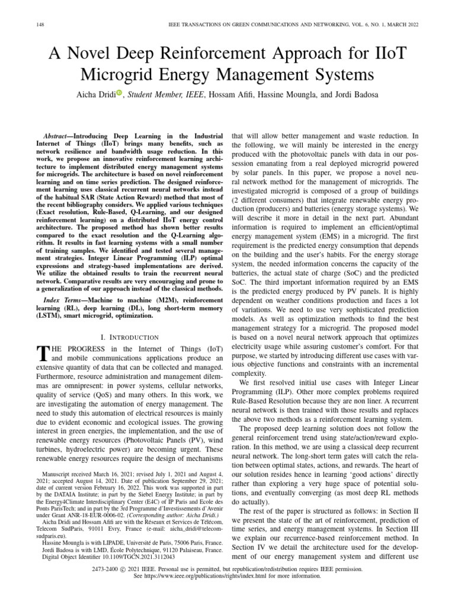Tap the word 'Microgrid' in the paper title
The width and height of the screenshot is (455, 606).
tap(123, 75)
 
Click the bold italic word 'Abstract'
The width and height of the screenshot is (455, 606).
tap(63, 136)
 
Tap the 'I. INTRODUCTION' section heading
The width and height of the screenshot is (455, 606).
tap(130, 337)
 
